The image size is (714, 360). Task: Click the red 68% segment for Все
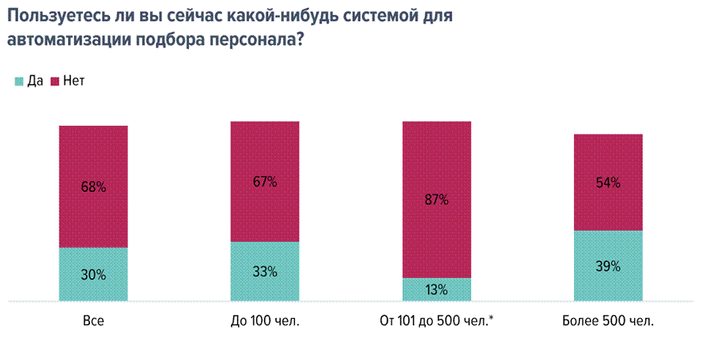tap(93, 186)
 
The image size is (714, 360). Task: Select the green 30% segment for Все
tap(93, 274)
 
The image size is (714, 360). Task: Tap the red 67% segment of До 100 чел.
tap(265, 181)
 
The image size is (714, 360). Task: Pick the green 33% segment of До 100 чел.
tap(265, 271)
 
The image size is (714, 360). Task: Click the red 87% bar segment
tap(436, 199)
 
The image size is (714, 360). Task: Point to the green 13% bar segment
tap(436, 290)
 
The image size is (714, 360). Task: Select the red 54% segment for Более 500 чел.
tap(608, 182)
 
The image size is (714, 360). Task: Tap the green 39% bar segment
tap(608, 266)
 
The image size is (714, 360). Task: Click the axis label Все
tap(93, 320)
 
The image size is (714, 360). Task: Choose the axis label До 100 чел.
tap(265, 320)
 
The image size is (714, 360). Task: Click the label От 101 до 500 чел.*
tap(436, 320)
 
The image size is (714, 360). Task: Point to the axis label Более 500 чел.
tap(608, 320)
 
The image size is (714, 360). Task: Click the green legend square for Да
tap(19, 81)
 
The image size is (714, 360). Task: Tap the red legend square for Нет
tap(55, 81)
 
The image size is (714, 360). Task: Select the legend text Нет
tap(74, 81)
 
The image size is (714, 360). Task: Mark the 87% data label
tap(436, 200)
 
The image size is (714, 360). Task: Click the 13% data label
tap(436, 290)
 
